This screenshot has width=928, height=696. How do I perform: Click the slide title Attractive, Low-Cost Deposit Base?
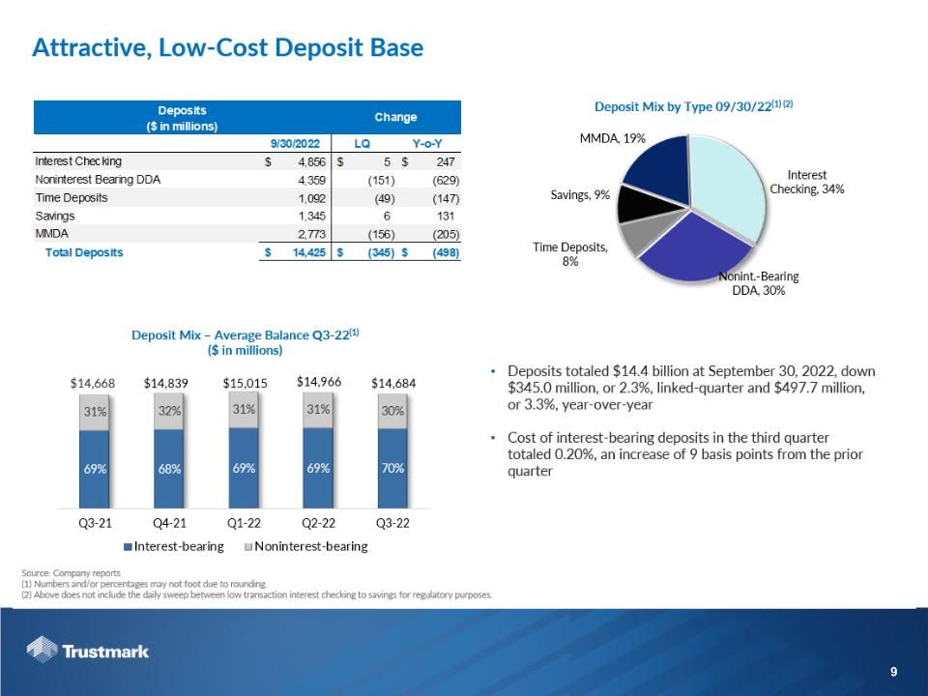pos(227,47)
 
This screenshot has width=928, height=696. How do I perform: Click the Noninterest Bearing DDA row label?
pos(98,179)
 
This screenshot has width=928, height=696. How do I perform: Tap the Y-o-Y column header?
pos(427,143)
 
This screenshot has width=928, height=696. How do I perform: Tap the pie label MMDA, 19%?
pos(613,139)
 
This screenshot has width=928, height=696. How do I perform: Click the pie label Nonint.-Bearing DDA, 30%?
pos(758,284)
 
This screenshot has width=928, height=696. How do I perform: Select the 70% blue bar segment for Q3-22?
pos(392,468)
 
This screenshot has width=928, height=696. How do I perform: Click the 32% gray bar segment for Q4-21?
pos(169,410)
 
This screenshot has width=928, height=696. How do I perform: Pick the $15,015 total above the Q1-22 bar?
pos(245,383)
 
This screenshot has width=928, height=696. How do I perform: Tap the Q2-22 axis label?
pos(319,523)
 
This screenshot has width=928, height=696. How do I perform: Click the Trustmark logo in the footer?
pos(88,651)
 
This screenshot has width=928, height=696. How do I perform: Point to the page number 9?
pos(893,672)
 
